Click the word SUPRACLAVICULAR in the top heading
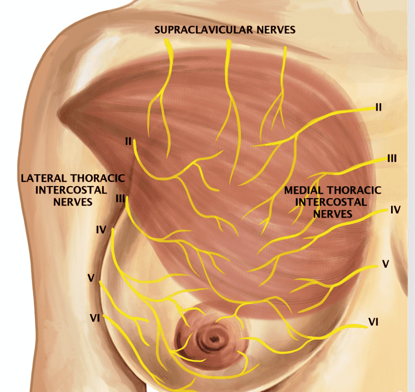tap(204, 30)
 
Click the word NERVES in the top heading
tap(276, 30)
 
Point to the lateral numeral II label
tap(128, 142)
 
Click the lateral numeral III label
tap(121, 198)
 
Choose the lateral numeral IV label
tap(101, 230)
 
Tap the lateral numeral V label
tap(91, 278)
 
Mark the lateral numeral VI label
tap(95, 318)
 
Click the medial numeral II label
tap(379, 107)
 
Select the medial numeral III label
tap(392, 159)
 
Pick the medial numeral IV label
tap(396, 210)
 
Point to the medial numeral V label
tap(386, 264)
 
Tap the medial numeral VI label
tap(373, 322)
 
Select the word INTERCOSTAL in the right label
tap(331, 202)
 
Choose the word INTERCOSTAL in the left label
tap(71, 190)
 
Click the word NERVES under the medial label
tap(333, 214)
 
